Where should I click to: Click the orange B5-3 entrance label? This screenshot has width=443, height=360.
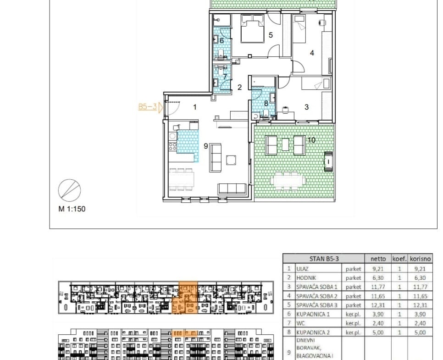click(148, 106)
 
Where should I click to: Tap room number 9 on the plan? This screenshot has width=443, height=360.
click(205, 146)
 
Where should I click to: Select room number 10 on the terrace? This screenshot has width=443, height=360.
click(311, 140)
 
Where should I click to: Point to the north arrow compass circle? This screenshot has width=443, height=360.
click(70, 190)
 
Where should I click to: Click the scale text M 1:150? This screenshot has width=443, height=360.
click(72, 209)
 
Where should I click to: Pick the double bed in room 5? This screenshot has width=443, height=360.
click(252, 28)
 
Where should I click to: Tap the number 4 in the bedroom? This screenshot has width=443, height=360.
click(312, 53)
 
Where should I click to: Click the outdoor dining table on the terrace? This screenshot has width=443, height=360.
click(288, 181)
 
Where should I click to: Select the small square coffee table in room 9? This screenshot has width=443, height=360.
click(231, 160)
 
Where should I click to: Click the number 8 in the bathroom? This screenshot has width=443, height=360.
click(266, 104)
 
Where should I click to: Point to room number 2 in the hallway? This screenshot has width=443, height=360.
click(239, 87)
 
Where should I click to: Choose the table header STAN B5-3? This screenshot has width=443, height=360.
click(324, 259)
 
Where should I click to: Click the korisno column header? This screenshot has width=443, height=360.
click(421, 259)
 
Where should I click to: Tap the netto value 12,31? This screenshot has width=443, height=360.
click(378, 305)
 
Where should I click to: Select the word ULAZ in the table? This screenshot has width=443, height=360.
click(302, 269)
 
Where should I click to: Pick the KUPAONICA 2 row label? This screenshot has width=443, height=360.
click(313, 332)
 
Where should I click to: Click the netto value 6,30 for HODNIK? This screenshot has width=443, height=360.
click(378, 278)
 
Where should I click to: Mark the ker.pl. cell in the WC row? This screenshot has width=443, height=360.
click(353, 323)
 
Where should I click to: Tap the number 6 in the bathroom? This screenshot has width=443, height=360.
click(221, 41)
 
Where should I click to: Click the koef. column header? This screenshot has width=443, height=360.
click(399, 259)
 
